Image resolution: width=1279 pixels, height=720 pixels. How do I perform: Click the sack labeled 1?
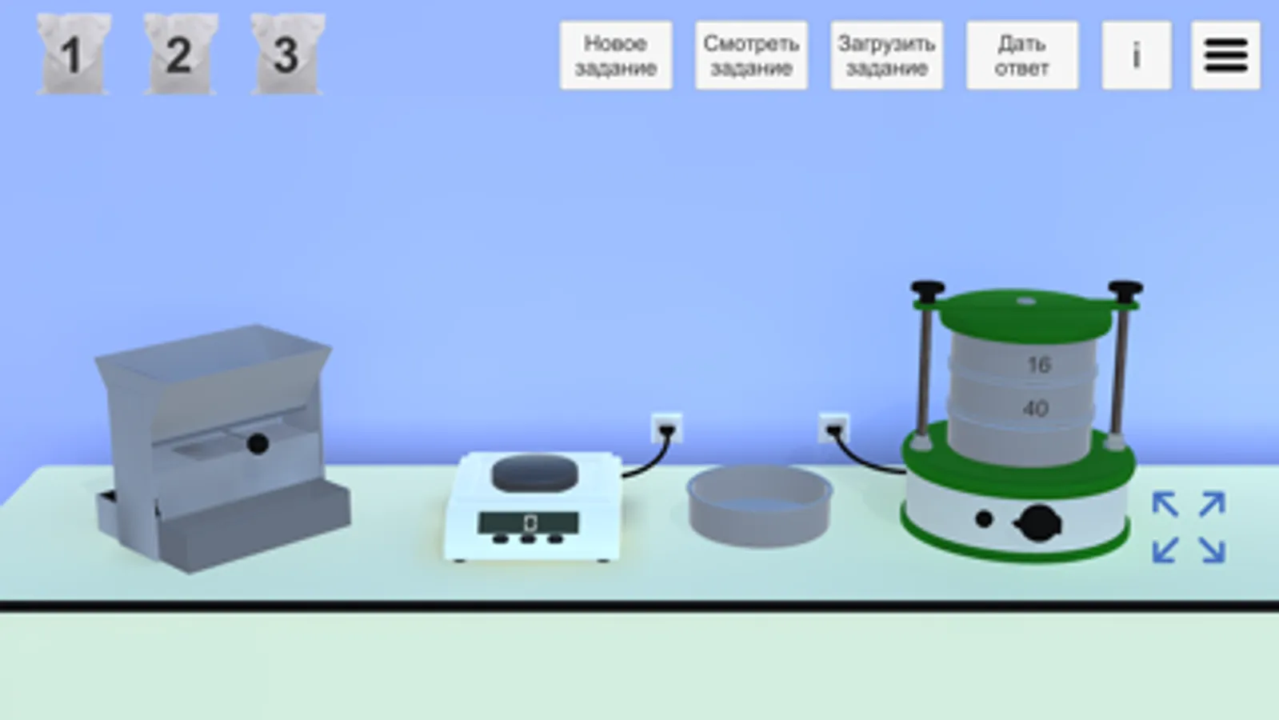pyautogui.click(x=74, y=54)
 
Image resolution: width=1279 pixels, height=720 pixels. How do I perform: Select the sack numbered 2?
pyautogui.click(x=181, y=54)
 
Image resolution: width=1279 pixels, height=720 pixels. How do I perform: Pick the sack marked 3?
pyautogui.click(x=287, y=54)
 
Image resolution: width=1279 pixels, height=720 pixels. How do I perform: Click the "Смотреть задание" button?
pyautogui.click(x=751, y=55)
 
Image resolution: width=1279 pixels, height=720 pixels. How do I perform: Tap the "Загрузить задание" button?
pyautogui.click(x=887, y=55)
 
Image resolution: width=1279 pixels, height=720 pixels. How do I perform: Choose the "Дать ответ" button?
pyautogui.click(x=1022, y=55)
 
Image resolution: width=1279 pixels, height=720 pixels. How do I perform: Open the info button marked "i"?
pyautogui.click(x=1137, y=55)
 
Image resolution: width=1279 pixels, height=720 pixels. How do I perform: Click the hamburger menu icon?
pyautogui.click(x=1226, y=55)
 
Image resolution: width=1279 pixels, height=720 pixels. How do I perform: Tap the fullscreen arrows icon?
pyautogui.click(x=1189, y=527)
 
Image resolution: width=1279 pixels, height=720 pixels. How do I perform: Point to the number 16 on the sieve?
pyautogui.click(x=1038, y=365)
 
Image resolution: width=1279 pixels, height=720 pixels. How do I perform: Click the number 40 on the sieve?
pyautogui.click(x=1035, y=408)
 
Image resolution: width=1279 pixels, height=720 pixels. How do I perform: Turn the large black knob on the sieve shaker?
pyautogui.click(x=1039, y=522)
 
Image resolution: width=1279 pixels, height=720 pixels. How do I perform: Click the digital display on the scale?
pyautogui.click(x=528, y=522)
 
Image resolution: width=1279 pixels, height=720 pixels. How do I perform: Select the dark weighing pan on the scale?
pyautogui.click(x=535, y=472)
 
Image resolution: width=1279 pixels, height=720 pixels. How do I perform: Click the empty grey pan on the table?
pyautogui.click(x=759, y=506)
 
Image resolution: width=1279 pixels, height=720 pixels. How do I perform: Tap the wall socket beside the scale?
pyautogui.click(x=666, y=429)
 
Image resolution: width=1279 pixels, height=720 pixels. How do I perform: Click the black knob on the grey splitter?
pyautogui.click(x=258, y=444)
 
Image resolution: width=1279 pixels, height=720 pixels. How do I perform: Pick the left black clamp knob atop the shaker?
pyautogui.click(x=928, y=289)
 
